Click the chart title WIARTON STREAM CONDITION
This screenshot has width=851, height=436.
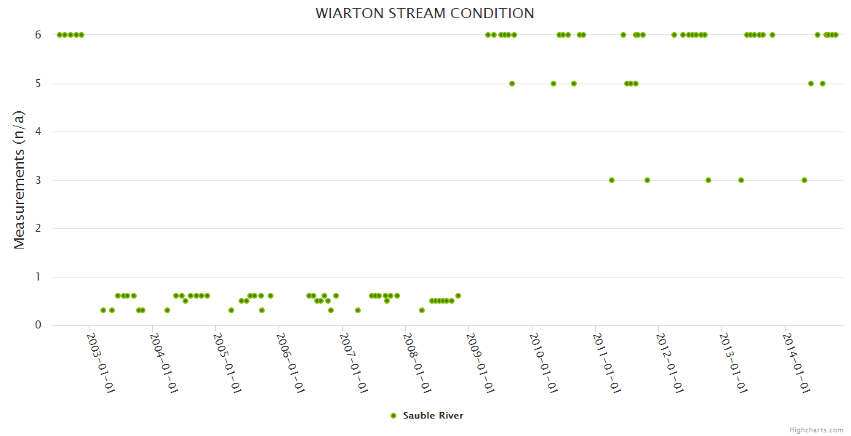(x=425, y=14)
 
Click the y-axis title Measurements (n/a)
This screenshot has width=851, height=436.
(x=20, y=179)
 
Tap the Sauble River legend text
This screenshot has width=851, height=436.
(x=433, y=416)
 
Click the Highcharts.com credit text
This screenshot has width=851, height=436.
(x=816, y=430)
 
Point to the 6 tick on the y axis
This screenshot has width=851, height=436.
(x=39, y=35)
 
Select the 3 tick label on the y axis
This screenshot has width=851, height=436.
(x=39, y=180)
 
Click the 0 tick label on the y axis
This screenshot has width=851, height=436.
(x=39, y=325)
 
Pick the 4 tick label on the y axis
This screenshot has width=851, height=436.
(x=39, y=132)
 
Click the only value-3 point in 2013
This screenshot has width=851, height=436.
(x=740, y=180)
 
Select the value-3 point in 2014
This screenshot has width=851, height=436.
(x=804, y=180)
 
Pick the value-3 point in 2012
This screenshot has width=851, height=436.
(x=708, y=180)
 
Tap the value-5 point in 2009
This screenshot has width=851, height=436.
(x=512, y=84)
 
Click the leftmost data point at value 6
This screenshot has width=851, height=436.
(x=59, y=35)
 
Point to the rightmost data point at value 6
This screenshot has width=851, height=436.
(x=836, y=35)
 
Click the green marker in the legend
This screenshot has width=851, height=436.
(x=393, y=416)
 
